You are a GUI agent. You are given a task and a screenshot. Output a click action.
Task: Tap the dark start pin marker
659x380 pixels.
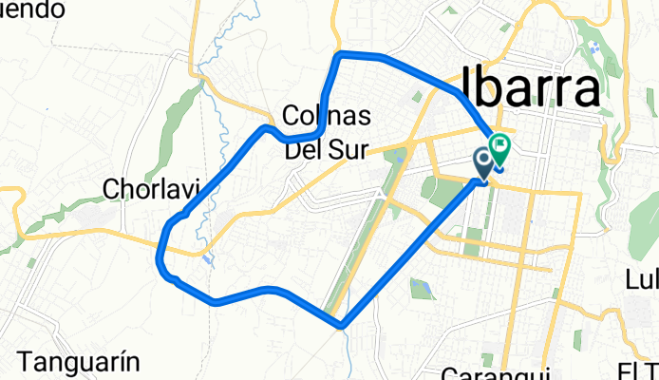(x=483, y=162)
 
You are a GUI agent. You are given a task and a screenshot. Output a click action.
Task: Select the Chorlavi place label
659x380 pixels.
(x=143, y=191)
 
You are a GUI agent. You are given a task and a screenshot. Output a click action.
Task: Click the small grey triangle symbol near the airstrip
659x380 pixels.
(x=380, y=193)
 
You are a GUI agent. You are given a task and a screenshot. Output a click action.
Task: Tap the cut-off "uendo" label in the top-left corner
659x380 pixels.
(x=32, y=9)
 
